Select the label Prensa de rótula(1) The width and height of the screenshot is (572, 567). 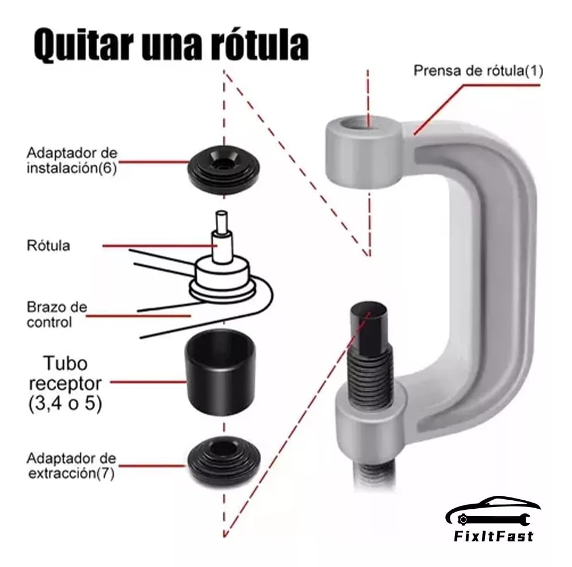pyautogui.click(x=478, y=70)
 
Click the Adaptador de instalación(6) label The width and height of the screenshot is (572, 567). pyautogui.click(x=72, y=160)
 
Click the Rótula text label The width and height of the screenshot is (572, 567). pyautogui.click(x=49, y=245)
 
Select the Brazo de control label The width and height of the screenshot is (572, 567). pyautogui.click(x=57, y=314)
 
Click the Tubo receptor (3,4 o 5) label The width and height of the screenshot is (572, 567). pyautogui.click(x=66, y=383)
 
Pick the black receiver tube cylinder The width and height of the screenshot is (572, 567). pyautogui.click(x=220, y=371)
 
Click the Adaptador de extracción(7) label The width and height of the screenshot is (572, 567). pyautogui.click(x=71, y=465)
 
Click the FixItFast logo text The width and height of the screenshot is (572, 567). pyautogui.click(x=493, y=536)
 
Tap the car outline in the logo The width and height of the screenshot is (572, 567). pyautogui.click(x=493, y=510)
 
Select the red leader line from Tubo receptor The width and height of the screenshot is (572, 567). pyautogui.click(x=148, y=382)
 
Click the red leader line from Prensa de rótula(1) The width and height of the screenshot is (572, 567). pyautogui.click(x=476, y=110)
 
